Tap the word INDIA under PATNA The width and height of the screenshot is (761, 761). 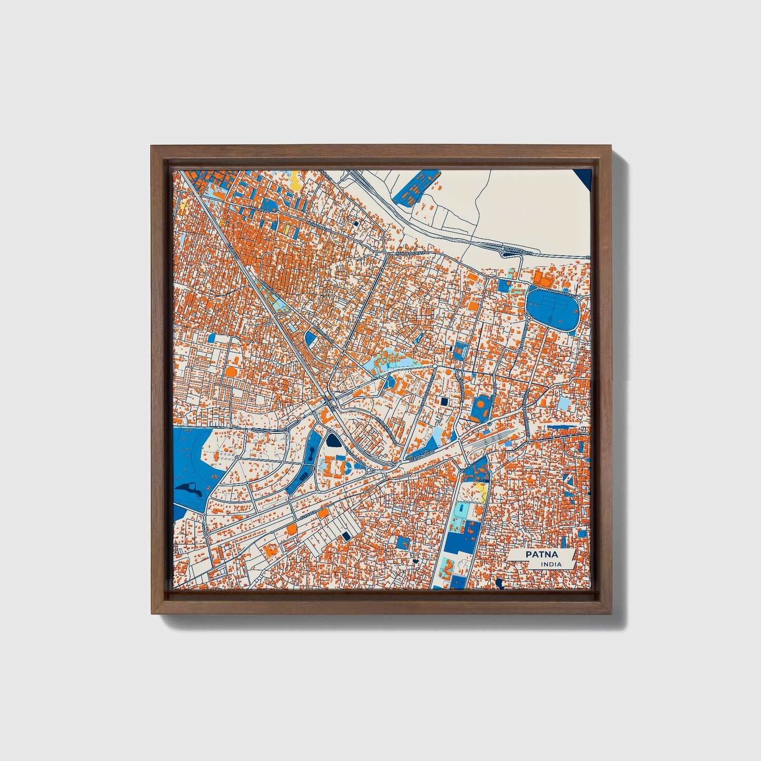point(551,564)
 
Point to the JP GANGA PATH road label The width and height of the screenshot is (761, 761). point(519,252)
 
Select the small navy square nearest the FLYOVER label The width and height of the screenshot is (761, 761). point(346,536)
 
